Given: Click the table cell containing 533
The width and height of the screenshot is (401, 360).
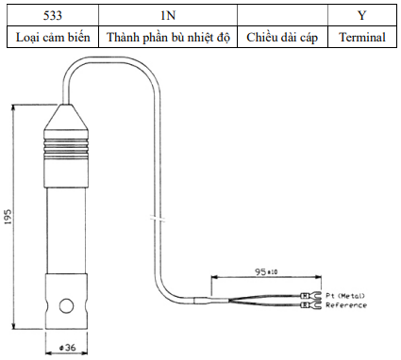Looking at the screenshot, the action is pyautogui.click(x=53, y=15).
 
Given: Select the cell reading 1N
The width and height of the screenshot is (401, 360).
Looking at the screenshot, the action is pyautogui.click(x=168, y=15).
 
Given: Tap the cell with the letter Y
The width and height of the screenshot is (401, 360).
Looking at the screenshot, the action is pyautogui.click(x=362, y=15).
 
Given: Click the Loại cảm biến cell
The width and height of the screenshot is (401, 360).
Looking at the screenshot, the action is pyautogui.click(x=53, y=37).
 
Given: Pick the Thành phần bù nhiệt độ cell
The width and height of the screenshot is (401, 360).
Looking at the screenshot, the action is pyautogui.click(x=168, y=37).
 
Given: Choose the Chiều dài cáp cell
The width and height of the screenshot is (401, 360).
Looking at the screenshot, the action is pyautogui.click(x=282, y=37).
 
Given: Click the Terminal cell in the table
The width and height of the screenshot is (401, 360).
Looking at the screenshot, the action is pyautogui.click(x=362, y=37).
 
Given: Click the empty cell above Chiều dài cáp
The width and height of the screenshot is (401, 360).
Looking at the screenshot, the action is pyautogui.click(x=282, y=15).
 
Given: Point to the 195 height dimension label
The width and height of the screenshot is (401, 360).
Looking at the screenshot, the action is pyautogui.click(x=8, y=217).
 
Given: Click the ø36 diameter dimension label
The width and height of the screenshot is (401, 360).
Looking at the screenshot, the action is pyautogui.click(x=68, y=348).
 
